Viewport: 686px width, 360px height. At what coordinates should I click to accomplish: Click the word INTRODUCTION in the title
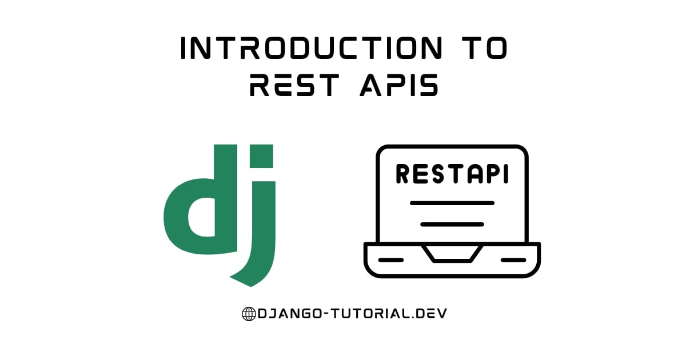[x=312, y=48]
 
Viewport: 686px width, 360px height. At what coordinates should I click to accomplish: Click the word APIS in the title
[x=399, y=85]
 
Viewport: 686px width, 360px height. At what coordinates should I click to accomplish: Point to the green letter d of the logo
[x=201, y=214]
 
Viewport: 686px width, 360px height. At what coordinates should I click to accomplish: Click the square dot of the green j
[x=262, y=156]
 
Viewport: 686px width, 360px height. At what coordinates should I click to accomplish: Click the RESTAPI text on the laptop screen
[x=452, y=174]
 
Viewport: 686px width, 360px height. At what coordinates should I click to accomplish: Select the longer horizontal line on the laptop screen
[x=452, y=203]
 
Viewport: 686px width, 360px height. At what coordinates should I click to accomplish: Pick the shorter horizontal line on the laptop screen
[x=452, y=225]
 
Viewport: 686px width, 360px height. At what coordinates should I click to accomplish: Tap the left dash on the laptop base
[x=391, y=260]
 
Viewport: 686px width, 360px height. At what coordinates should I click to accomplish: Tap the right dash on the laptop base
[x=513, y=260]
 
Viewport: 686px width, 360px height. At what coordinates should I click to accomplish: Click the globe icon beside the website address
[x=249, y=314]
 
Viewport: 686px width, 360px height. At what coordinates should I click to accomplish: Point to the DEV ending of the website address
[x=431, y=314]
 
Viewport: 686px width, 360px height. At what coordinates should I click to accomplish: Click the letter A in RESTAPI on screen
[x=477, y=174]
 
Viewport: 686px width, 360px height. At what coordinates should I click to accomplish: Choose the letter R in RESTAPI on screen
[x=402, y=174]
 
